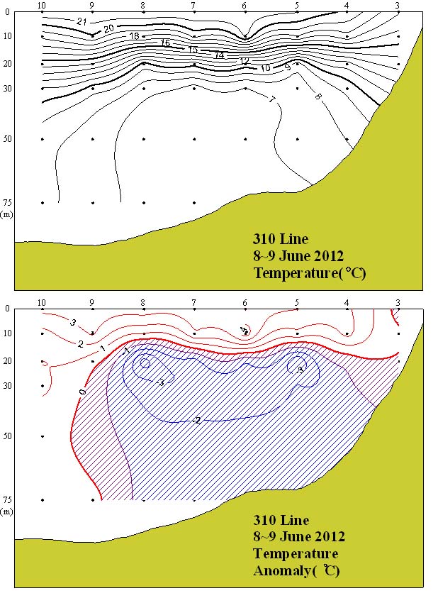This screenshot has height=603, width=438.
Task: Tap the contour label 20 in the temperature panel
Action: tap(108, 28)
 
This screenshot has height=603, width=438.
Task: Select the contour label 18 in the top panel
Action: tap(135, 36)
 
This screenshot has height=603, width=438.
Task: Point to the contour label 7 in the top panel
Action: tap(271, 99)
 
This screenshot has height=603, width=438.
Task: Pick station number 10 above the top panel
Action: tap(42, 6)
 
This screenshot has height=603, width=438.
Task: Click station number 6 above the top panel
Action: tap(245, 6)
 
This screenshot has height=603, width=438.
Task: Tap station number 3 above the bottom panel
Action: tap(398, 303)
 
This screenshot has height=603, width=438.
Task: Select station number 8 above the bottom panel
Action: tap(143, 303)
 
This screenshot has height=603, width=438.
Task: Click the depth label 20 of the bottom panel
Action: tap(7, 361)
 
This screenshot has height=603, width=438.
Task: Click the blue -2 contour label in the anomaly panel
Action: tap(196, 420)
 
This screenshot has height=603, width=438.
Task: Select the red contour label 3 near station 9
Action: tap(73, 323)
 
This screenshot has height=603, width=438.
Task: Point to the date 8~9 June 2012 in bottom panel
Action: tap(299, 537)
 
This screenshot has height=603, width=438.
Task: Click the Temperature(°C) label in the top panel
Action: tap(309, 273)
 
